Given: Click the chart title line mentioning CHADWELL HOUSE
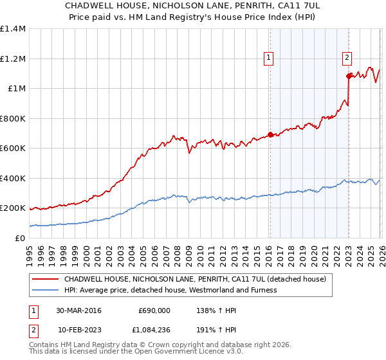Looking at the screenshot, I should (x=193, y=4).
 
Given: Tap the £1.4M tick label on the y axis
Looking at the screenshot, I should (x=13, y=29).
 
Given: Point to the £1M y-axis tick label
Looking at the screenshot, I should (x=16, y=88).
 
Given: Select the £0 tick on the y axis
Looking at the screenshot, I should (x=20, y=238).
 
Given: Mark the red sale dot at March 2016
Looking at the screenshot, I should (x=270, y=135).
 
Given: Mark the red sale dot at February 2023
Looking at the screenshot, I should (x=348, y=76).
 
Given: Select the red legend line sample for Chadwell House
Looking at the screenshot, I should (x=46, y=280).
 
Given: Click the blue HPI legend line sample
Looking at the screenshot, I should (x=46, y=290).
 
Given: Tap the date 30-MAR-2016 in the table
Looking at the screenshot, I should (x=78, y=310).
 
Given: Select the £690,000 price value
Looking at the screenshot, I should (x=154, y=310).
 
